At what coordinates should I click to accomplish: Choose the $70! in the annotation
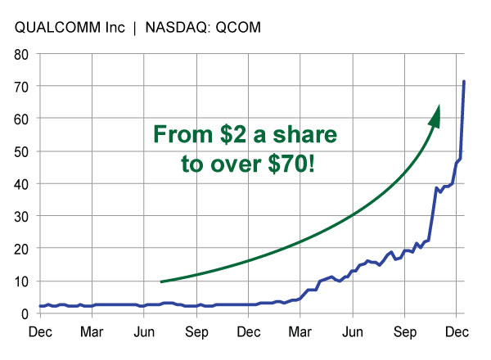coord(283,164)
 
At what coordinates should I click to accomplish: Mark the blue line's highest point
coord(464,82)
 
